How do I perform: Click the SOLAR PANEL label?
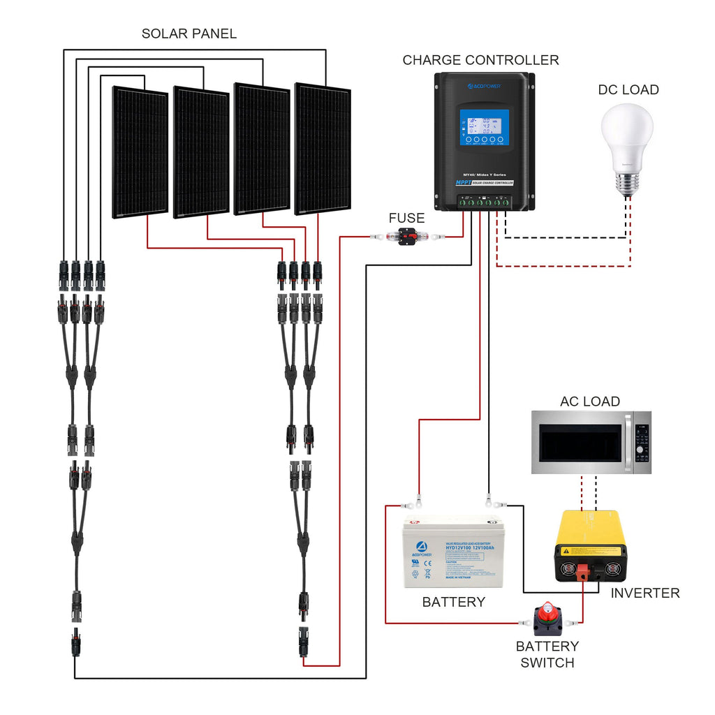click(189, 34)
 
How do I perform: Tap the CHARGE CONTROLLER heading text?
click(480, 60)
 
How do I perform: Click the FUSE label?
click(406, 219)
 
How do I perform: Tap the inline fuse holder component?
click(406, 237)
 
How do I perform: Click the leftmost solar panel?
click(140, 152)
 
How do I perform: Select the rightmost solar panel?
click(322, 148)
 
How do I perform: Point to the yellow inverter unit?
click(591, 547)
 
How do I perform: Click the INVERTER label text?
click(644, 593)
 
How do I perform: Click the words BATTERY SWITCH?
click(547, 654)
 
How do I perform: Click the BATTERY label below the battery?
click(453, 602)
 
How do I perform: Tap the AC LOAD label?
click(589, 401)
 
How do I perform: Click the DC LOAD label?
click(628, 89)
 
